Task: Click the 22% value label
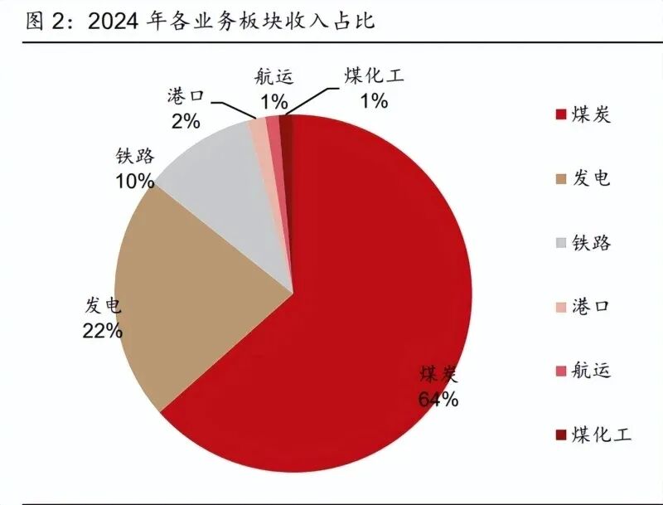[103, 330]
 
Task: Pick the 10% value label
[134, 180]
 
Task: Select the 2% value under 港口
[186, 121]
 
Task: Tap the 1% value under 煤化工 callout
[373, 101]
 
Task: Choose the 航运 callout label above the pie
[273, 79]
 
